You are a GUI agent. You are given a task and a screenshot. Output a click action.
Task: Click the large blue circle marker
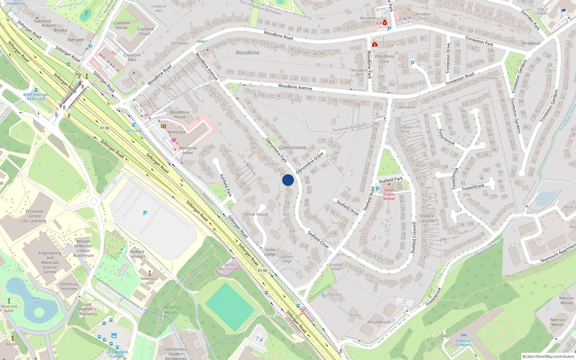click(288, 180)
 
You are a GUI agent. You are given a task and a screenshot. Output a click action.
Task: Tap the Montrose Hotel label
click(188, 150)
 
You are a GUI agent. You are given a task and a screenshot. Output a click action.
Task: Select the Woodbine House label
click(179, 114)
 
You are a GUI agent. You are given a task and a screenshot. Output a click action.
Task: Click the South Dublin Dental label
click(389, 194)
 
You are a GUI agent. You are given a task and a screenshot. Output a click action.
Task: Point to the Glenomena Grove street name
click(310, 163)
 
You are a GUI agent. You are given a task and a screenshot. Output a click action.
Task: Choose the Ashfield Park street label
click(226, 185)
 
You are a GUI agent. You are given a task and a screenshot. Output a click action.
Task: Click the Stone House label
click(256, 214)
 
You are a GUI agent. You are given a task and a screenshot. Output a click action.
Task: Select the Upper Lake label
click(36, 300)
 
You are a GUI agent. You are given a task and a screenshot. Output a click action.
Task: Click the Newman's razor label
click(149, 280)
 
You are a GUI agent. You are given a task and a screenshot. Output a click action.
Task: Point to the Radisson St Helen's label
click(463, 343)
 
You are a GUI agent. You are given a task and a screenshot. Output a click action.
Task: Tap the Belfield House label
click(137, 254)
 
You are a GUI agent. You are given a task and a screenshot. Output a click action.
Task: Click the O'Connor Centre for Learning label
click(35, 216)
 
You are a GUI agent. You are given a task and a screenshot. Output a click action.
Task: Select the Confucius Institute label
click(69, 286)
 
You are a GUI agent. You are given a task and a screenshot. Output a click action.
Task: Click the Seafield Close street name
click(318, 239)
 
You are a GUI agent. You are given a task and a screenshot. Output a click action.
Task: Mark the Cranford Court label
click(145, 31)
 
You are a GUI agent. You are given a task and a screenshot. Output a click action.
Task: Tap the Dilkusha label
click(334, 294)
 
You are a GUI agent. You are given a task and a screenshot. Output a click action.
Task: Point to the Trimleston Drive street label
click(448, 58)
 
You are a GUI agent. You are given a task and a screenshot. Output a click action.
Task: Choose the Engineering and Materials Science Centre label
click(50, 262)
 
